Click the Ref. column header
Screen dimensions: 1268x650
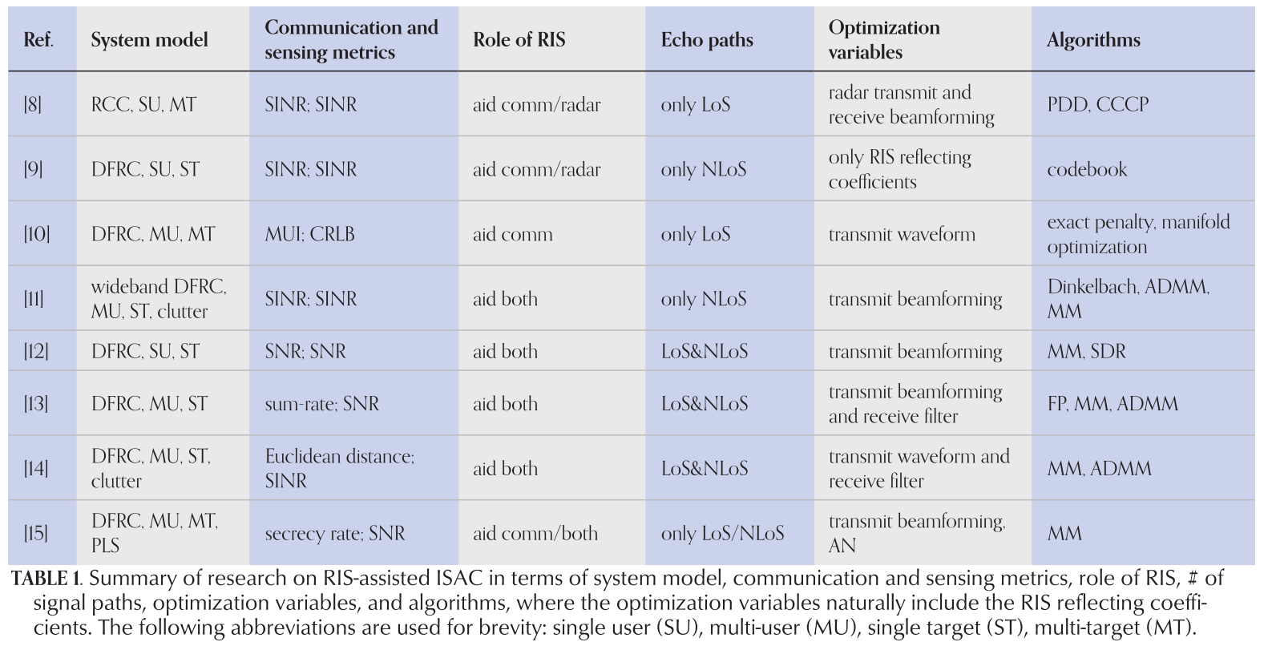[x=38, y=39]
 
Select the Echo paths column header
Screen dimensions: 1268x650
[x=707, y=39]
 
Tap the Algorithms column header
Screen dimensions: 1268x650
[x=1093, y=39]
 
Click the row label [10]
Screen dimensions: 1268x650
[x=37, y=234]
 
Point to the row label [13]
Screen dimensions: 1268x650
[x=36, y=403]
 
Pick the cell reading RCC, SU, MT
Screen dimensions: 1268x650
[x=143, y=105]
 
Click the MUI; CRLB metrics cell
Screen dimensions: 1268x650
[x=309, y=234]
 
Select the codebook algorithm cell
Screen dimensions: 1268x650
[x=1087, y=169]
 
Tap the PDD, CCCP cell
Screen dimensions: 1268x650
[x=1097, y=105]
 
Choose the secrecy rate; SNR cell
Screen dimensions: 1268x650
[x=335, y=533]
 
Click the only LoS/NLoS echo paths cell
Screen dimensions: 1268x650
[x=723, y=533]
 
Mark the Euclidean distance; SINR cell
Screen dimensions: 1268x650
[x=340, y=468]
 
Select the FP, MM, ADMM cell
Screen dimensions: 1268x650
[x=1113, y=403]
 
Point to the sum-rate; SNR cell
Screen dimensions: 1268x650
[x=322, y=403]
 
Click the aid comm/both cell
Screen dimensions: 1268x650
[x=535, y=533]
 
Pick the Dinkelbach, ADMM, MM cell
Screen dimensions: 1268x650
[x=1129, y=298]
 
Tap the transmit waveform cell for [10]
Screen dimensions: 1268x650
[x=902, y=234]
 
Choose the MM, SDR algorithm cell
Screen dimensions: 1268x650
[x=1086, y=351]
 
